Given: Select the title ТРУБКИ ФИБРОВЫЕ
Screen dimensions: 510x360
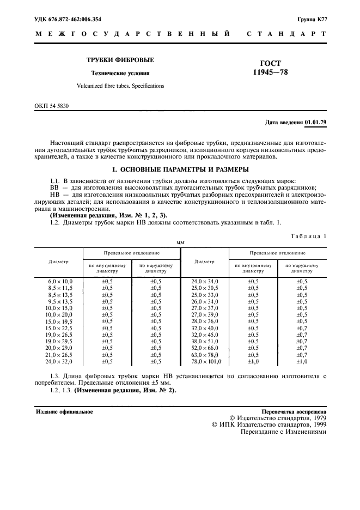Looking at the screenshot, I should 120,60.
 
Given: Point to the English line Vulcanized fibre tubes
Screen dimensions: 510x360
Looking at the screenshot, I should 120,86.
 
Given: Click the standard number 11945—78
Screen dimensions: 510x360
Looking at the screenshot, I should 271,72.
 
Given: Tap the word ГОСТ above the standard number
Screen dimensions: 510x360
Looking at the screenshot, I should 271,63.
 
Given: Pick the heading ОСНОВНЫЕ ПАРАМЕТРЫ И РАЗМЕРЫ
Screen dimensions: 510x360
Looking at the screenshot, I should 180,169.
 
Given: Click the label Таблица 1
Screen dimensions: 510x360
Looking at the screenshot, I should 308,236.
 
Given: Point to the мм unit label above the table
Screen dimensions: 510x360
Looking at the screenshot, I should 180,242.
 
